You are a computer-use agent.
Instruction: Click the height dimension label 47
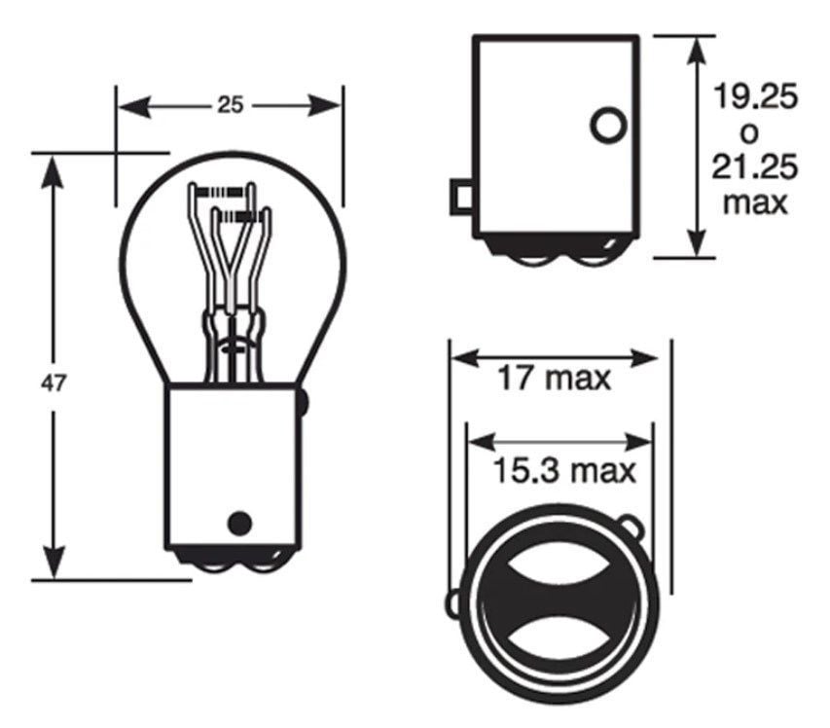54,382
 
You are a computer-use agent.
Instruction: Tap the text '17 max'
555,378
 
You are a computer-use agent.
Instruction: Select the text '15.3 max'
561,472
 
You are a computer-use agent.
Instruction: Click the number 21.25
755,167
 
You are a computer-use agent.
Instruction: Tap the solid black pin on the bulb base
238,523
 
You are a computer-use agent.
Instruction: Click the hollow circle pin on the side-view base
609,125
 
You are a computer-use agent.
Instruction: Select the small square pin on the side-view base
460,198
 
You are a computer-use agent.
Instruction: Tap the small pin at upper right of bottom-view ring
633,527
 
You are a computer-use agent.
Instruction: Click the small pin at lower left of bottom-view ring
453,604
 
